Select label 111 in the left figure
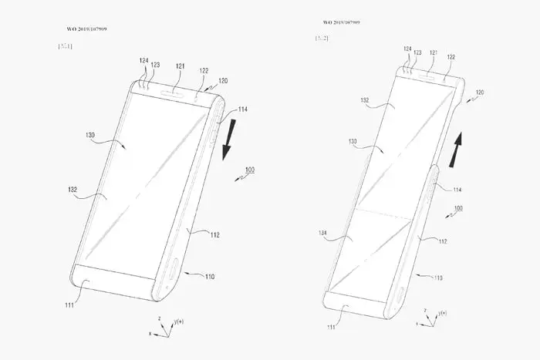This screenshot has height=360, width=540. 69,306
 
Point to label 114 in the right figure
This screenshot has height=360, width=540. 457,190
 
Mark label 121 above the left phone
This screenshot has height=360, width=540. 179,66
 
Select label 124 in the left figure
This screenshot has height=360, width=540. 143,60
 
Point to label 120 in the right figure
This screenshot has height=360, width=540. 480,92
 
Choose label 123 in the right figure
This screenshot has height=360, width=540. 417,52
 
